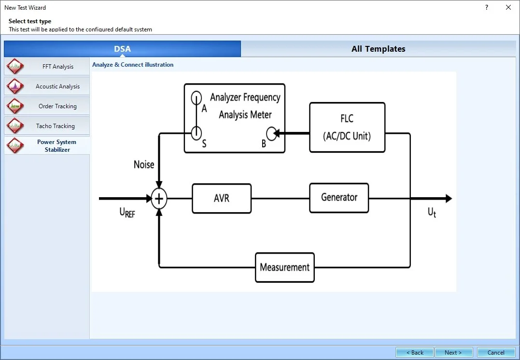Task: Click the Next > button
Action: (x=453, y=352)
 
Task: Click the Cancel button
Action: (x=496, y=352)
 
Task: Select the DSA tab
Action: (x=122, y=49)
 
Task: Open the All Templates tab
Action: (x=378, y=49)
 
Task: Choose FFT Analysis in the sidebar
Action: (x=47, y=67)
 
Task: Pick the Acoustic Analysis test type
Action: (x=47, y=86)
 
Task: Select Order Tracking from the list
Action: (x=47, y=106)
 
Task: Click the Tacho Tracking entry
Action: (x=47, y=126)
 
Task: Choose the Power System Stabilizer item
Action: (x=47, y=146)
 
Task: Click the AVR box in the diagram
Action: (x=222, y=199)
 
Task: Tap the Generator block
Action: (x=339, y=198)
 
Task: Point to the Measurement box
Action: (x=285, y=267)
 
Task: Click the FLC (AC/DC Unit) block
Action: (x=347, y=128)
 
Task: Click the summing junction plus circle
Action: (x=159, y=199)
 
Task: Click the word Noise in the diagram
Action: (x=144, y=165)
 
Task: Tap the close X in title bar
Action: (x=508, y=7)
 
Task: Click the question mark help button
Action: (x=486, y=7)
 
